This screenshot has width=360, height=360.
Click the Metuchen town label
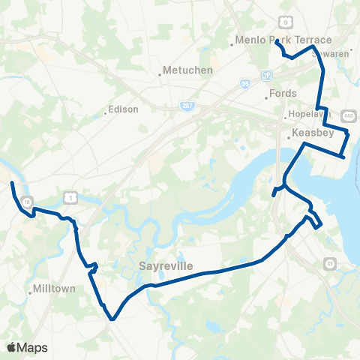pyautogui.click(x=190, y=70)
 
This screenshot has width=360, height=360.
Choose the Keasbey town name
pyautogui.click(x=308, y=134)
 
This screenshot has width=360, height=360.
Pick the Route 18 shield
pyautogui.click(x=27, y=202)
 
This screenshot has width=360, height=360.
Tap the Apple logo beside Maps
pyautogui.click(x=11, y=347)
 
